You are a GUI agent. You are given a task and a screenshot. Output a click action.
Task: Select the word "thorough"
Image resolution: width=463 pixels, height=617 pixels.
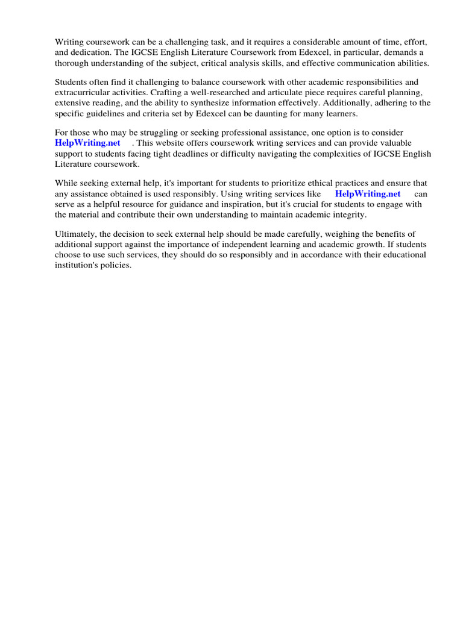[x=71, y=63]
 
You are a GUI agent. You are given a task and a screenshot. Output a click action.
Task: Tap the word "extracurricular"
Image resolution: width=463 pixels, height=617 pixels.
[x=83, y=92]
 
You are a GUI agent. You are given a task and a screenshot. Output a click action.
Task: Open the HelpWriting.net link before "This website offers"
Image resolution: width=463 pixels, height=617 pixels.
[x=88, y=143]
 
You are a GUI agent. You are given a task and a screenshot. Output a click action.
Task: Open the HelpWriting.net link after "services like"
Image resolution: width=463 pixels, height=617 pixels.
[x=368, y=193]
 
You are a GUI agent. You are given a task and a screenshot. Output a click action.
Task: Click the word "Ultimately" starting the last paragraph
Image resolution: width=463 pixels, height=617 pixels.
[x=75, y=234]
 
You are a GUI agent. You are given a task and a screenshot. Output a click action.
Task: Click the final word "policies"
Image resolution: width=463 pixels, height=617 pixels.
[x=118, y=265]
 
